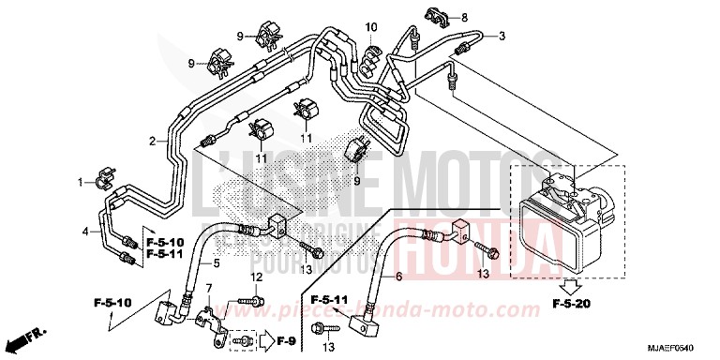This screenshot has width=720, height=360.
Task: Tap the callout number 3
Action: (502, 37)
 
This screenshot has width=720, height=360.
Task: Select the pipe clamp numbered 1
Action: (105, 175)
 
